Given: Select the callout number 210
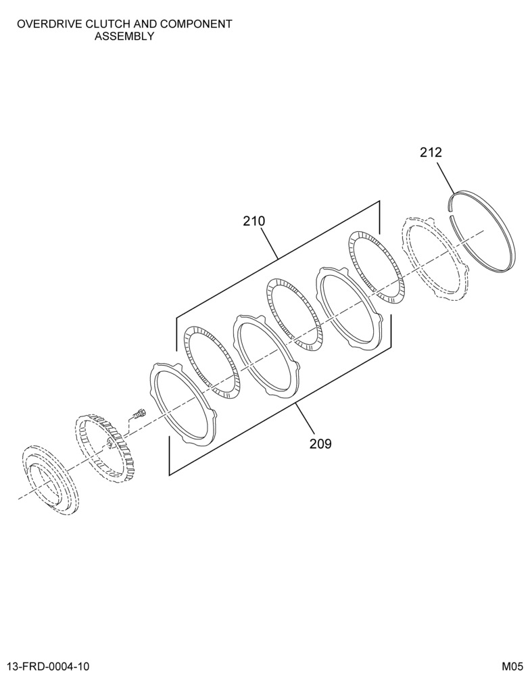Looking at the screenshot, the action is [x=254, y=221].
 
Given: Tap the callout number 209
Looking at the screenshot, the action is [x=320, y=443].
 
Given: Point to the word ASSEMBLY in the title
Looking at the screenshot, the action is [x=124, y=37].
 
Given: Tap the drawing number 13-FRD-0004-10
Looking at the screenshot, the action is [x=48, y=666].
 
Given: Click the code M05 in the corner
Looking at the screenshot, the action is [x=512, y=666].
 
